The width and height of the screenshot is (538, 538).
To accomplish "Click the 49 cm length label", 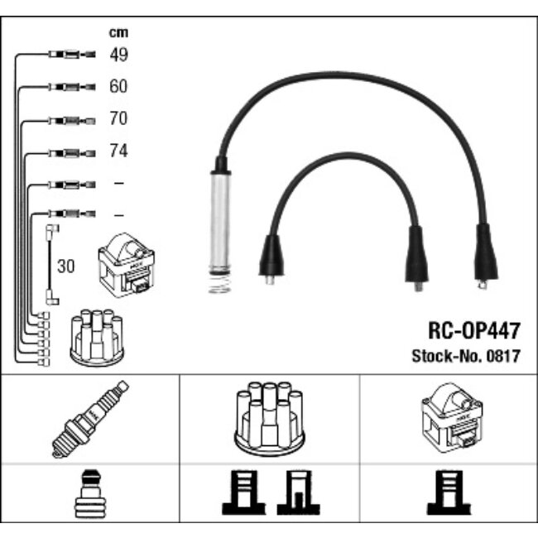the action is coord(118,55).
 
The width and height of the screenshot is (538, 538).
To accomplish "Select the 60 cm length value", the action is coord(118,86).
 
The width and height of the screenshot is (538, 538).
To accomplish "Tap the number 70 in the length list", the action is coord(118,118).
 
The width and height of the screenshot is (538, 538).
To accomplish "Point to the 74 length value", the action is coord(118,151).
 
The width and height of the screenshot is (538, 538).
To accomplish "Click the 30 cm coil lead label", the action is coord(66,266).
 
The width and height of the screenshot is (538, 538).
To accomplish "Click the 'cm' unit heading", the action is coord(118,32).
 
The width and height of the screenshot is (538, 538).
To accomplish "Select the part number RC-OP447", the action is coord(474,331).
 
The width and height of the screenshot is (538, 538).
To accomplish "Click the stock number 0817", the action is coord(503,356).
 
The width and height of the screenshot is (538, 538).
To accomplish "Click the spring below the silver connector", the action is coord(219,284).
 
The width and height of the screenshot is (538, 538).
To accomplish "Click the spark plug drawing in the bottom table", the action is coord(90,419).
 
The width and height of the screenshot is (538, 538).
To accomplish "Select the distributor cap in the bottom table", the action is coord(270,419).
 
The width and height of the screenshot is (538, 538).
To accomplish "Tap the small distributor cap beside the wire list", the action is coord(97,338).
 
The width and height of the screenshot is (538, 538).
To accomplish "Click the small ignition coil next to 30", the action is coord(127,265).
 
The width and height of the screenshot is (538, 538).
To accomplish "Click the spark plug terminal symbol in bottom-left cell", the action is coord(90,493).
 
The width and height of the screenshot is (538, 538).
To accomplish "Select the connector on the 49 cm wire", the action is coord(72,54).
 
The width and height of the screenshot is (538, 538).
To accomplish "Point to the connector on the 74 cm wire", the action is coord(72,153).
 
